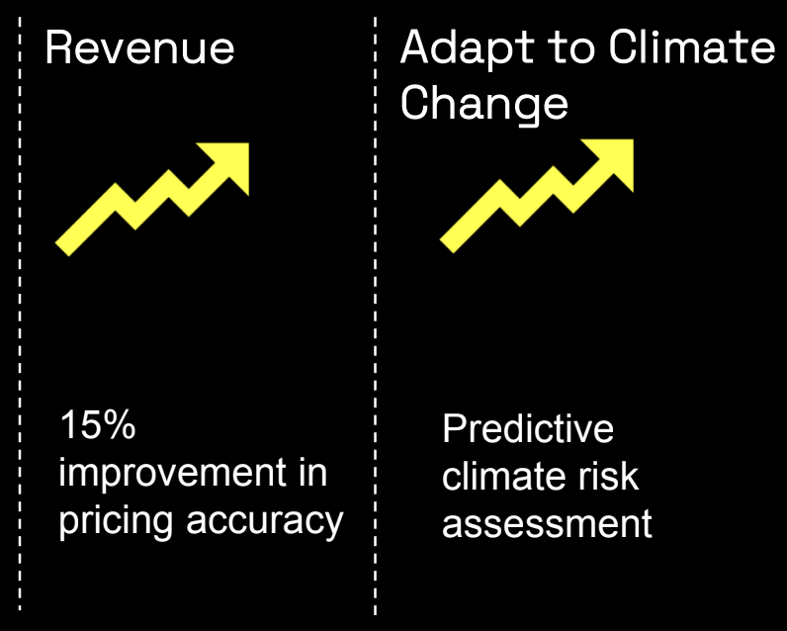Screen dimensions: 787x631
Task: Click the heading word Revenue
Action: tap(140, 48)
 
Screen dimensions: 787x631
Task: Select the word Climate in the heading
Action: tap(692, 47)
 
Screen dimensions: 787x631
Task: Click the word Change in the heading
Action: tap(484, 104)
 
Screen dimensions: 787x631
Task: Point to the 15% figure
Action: tap(98, 424)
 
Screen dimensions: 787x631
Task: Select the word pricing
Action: tap(116, 521)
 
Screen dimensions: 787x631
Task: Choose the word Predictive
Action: tap(528, 428)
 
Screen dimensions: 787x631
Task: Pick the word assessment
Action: tap(547, 524)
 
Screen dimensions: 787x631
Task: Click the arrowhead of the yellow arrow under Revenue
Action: tap(231, 161)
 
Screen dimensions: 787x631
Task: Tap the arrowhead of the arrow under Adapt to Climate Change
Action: tap(615, 158)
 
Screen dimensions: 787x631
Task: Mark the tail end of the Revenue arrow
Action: tap(62, 249)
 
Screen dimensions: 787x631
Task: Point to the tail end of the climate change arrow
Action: tap(447, 245)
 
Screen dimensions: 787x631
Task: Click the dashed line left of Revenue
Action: tap(20, 314)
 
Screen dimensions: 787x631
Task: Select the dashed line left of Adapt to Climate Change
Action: tap(375, 315)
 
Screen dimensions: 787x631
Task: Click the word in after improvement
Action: tap(313, 473)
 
